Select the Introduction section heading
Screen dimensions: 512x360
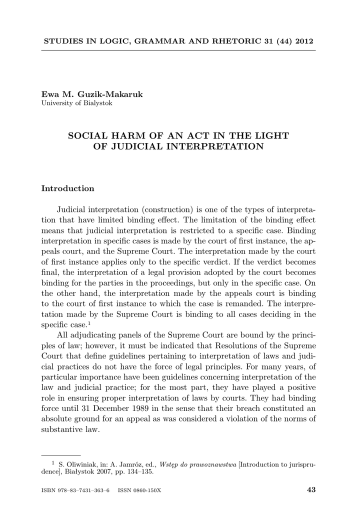67,188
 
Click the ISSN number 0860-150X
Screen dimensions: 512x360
149,490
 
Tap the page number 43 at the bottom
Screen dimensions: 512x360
311,490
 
